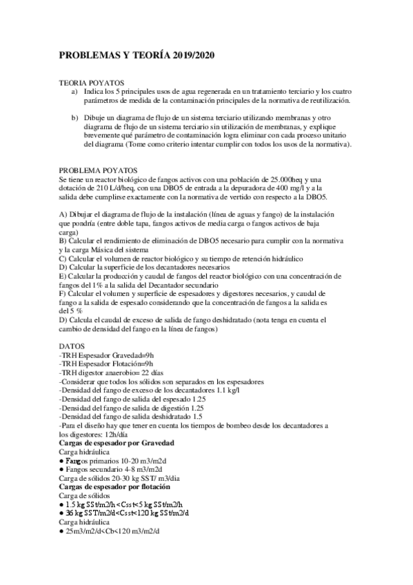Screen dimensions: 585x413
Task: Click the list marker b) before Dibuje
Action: click(75, 118)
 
